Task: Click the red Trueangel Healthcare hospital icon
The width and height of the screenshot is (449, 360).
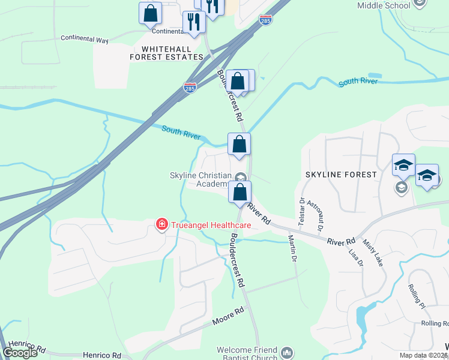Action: click(161, 225)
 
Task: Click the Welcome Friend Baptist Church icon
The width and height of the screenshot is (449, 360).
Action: click(287, 352)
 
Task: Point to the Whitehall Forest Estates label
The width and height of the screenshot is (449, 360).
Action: click(166, 53)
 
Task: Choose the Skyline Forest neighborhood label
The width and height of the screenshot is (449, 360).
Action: click(341, 175)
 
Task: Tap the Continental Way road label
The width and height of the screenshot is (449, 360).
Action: click(85, 38)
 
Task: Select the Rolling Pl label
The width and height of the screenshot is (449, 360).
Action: click(417, 296)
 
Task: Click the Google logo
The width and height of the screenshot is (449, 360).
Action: click(20, 353)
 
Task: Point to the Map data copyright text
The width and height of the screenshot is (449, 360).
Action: click(424, 355)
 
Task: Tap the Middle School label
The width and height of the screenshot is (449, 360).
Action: click(384, 5)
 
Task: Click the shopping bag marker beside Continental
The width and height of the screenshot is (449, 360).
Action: click(150, 13)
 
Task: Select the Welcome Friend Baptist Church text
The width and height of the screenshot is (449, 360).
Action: click(247, 354)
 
